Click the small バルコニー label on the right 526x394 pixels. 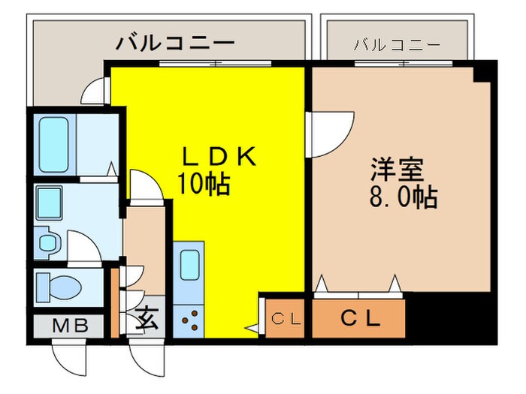click(x=397, y=44)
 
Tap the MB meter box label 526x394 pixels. click(x=71, y=326)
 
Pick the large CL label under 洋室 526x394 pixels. click(x=361, y=318)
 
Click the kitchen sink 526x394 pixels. click(x=189, y=264)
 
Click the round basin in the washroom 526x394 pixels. click(x=47, y=243)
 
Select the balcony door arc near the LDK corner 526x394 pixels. click(x=96, y=92)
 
